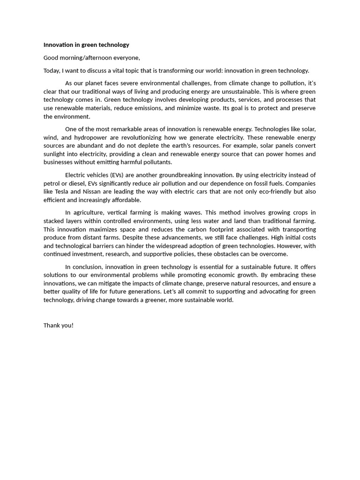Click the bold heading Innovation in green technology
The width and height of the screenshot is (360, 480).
point(86,45)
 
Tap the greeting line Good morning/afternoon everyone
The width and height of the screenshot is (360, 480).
point(92,58)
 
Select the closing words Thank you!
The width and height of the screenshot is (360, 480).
point(59,325)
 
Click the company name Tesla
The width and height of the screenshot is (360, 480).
point(61,192)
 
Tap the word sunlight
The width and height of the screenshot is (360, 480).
point(56,154)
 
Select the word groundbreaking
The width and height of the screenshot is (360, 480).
point(176,175)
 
